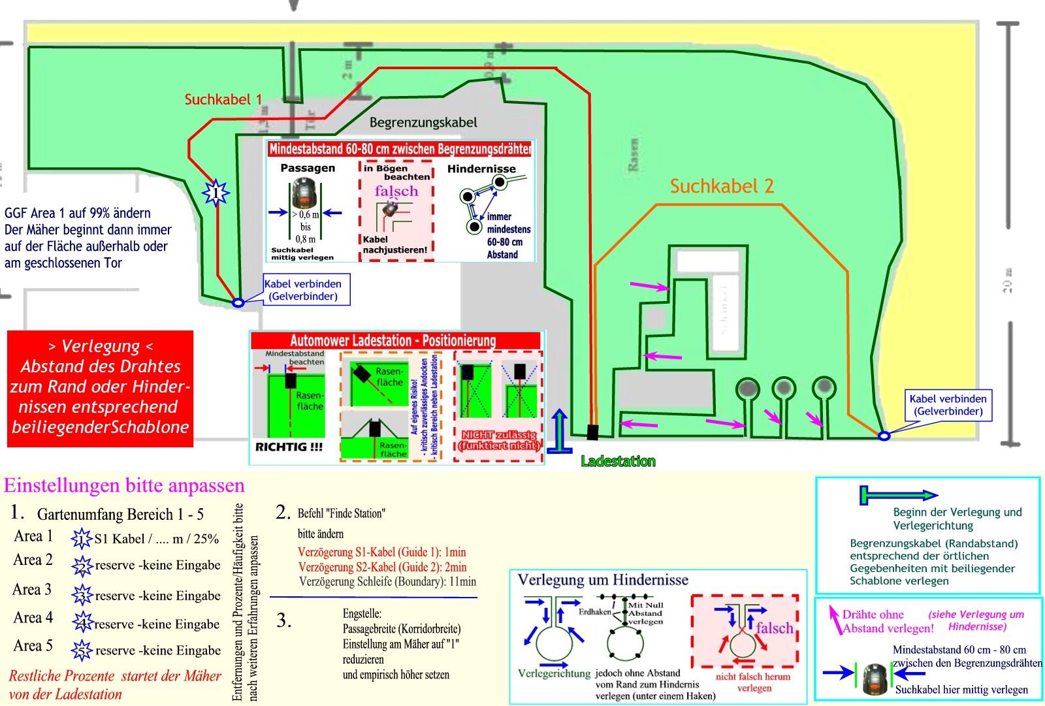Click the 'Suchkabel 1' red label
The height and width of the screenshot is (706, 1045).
pyautogui.click(x=223, y=99)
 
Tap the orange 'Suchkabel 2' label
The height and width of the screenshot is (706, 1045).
pyautogui.click(x=722, y=187)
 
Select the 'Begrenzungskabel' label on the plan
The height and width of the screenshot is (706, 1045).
pyautogui.click(x=423, y=122)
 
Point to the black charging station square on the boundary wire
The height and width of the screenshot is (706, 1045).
pyautogui.click(x=592, y=432)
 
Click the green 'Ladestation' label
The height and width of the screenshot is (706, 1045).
pyautogui.click(x=618, y=462)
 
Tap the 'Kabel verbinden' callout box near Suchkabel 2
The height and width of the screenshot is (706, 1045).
pyautogui.click(x=948, y=405)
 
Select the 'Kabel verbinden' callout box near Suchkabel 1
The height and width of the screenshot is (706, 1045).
pyautogui.click(x=303, y=290)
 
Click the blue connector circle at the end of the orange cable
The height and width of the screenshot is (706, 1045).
pyautogui.click(x=884, y=436)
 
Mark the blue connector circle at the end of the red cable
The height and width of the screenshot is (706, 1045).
pyautogui.click(x=238, y=302)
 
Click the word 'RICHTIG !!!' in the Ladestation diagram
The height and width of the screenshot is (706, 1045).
pyautogui.click(x=289, y=447)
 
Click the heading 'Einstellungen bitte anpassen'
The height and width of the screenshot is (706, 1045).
pyautogui.click(x=124, y=486)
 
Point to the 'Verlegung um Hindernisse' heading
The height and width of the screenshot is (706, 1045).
pyautogui.click(x=602, y=580)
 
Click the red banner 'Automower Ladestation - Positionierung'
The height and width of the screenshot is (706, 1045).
pyautogui.click(x=393, y=340)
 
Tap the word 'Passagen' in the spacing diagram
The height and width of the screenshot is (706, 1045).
pyautogui.click(x=308, y=168)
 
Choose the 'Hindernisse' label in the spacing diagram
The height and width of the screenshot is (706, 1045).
pyautogui.click(x=481, y=168)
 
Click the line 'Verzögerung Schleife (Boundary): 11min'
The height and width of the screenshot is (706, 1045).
pyautogui.click(x=387, y=581)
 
